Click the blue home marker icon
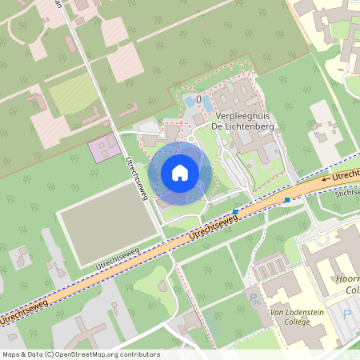click(180, 172)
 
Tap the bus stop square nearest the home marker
click(235, 212)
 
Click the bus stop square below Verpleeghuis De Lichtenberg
click(286, 200)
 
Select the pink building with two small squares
click(101, 149)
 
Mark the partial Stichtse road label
click(349, 193)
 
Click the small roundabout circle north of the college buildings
click(322, 239)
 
